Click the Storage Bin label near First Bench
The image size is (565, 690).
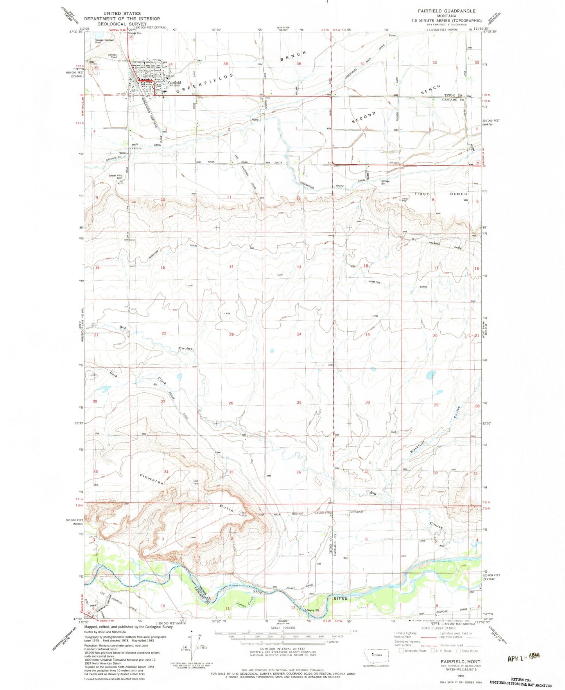(x=385, y=182)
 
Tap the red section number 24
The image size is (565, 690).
(x=299, y=334)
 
